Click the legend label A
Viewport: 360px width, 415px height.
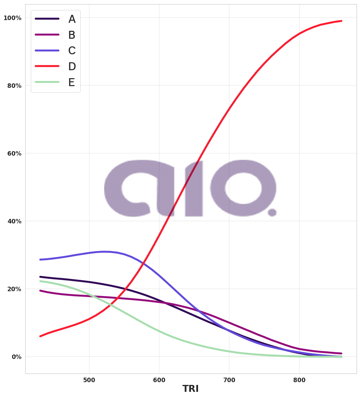tap(72, 19)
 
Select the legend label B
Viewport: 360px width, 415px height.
tap(72, 35)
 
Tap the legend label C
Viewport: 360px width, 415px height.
tap(72, 51)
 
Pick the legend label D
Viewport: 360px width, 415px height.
tap(72, 67)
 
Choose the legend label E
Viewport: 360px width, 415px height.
tap(71, 83)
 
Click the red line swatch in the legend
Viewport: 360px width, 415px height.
tap(47, 66)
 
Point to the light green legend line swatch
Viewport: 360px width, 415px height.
tap(47, 82)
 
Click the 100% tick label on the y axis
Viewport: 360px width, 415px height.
tap(12, 18)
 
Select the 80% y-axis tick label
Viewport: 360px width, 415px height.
tap(14, 86)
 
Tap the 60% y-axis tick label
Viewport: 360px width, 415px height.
tap(14, 154)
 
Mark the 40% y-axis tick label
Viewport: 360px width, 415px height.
tap(14, 221)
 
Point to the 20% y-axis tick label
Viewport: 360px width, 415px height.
tap(14, 289)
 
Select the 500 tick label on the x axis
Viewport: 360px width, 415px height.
tap(89, 380)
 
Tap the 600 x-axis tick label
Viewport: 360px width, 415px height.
tap(159, 380)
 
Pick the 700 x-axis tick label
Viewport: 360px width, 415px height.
tap(229, 380)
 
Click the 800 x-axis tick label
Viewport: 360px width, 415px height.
tap(299, 380)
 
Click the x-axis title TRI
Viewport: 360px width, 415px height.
tap(190, 389)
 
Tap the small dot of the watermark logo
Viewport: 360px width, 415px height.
tap(272, 212)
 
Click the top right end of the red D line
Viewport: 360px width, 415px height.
tap(341, 21)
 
